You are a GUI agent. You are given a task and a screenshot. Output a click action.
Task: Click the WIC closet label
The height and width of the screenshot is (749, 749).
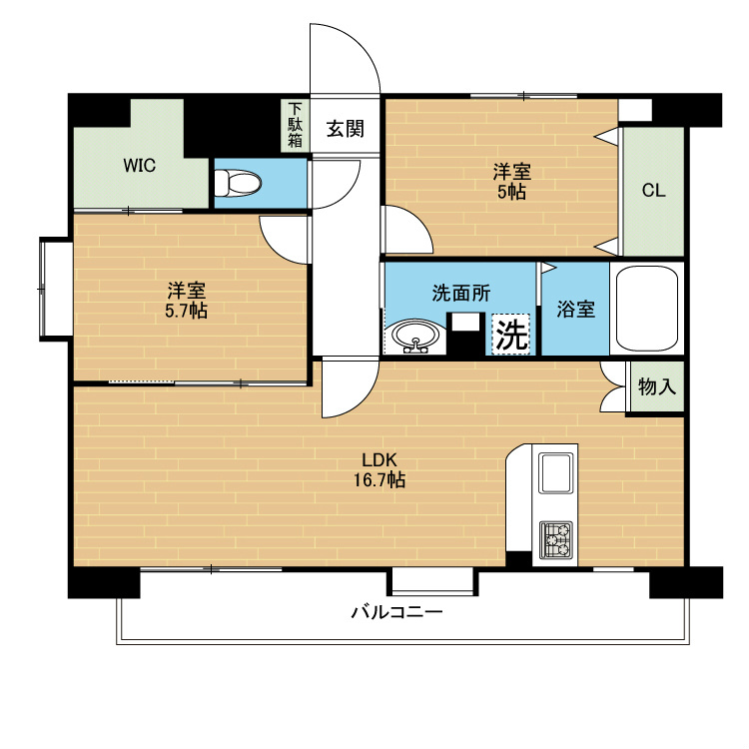click(140, 166)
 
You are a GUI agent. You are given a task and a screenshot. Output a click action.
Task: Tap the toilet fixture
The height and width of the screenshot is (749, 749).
click(238, 183)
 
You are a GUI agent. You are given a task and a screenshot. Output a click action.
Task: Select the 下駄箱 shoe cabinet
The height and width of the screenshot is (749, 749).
click(296, 126)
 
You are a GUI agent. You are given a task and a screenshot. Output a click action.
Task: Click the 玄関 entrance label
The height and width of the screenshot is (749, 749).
click(346, 129)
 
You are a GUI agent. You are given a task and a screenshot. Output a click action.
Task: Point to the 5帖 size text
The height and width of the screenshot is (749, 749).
click(511, 192)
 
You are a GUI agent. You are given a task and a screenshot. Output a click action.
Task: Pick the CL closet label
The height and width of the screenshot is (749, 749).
click(653, 191)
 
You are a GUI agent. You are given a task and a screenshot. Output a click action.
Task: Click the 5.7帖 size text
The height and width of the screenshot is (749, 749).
click(186, 311)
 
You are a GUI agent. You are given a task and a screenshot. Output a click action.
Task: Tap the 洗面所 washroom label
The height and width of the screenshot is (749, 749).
click(461, 293)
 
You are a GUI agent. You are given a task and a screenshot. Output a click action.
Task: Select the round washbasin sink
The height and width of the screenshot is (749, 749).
click(415, 337)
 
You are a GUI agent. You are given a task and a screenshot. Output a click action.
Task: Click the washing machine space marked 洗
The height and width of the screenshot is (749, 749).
click(511, 335)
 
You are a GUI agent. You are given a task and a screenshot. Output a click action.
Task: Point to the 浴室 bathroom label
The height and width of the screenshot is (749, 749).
click(575, 309)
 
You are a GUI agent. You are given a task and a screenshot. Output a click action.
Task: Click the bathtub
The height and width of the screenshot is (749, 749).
click(647, 309)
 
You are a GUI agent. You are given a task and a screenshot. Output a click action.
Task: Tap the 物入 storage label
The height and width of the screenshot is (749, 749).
click(657, 385)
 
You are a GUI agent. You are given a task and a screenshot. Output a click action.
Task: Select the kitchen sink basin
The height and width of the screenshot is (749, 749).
click(555, 473)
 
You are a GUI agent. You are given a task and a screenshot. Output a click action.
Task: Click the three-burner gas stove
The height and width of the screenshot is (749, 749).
click(556, 540)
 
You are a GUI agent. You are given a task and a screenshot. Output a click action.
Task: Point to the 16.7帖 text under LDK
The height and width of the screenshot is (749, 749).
click(379, 479)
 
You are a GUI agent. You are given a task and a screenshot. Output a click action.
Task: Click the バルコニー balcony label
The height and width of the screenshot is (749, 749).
click(397, 612)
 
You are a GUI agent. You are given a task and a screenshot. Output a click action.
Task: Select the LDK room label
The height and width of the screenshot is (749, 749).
click(379, 459)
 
